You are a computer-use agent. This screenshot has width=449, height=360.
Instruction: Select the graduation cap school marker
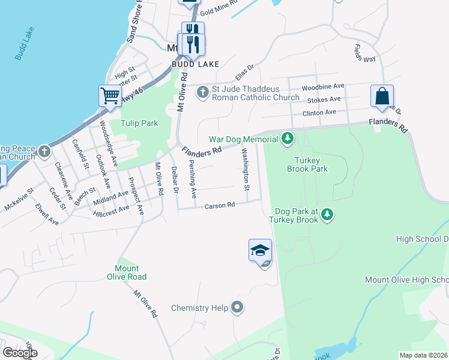tap(260, 250)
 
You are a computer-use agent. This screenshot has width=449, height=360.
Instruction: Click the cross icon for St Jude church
tap(203, 93)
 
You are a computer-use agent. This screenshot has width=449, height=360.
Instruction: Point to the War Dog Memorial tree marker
tap(288, 139)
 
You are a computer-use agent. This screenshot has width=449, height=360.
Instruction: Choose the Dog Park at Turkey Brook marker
tap(327, 215)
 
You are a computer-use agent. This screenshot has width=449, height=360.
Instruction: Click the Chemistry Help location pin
tap(238, 308)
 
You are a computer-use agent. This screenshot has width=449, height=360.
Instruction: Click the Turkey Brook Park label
tap(311, 164)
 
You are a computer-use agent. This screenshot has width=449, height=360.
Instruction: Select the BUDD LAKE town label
tap(195, 64)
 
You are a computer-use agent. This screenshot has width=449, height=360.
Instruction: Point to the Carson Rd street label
tap(219, 206)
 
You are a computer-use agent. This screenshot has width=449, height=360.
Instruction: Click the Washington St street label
tap(246, 170)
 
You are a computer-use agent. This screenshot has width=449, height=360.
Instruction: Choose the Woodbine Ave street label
tap(323, 86)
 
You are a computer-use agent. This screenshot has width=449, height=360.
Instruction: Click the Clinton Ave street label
tap(319, 112)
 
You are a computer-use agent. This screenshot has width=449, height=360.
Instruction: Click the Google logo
tap(20, 353)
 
